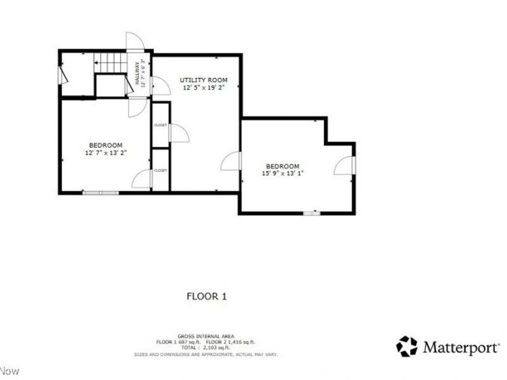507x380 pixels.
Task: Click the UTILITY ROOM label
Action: click(203, 80)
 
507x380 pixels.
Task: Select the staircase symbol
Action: click(110, 64)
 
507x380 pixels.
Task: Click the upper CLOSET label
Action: click(160, 125)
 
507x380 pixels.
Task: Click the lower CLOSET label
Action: click(160, 170)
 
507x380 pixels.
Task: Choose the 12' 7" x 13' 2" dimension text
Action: click(106, 153)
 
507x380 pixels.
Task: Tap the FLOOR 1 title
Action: click(206, 296)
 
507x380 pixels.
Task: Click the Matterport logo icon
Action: click(407, 346)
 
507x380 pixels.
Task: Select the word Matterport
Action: click(461, 347)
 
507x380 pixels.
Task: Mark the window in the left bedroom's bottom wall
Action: click(101, 192)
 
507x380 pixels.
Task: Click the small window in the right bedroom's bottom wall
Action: click(311, 213)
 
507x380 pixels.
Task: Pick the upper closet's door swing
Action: click(177, 133)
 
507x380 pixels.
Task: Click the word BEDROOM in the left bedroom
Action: click(106, 145)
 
